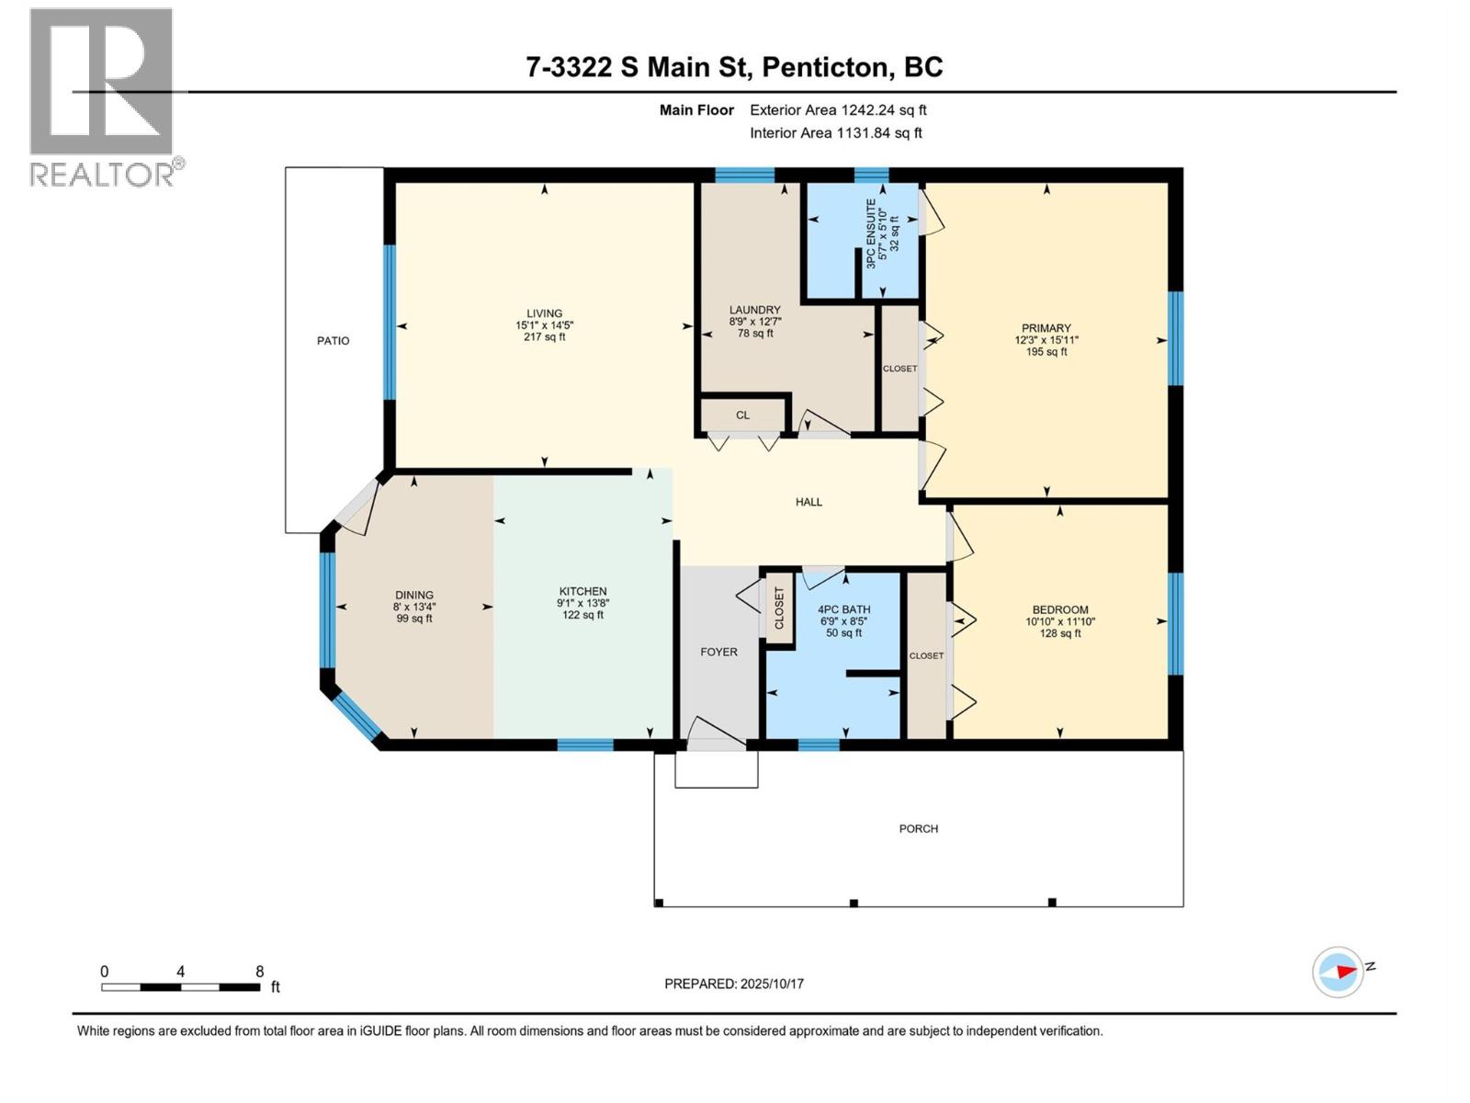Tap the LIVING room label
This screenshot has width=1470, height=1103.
click(544, 313)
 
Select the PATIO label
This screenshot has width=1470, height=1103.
click(333, 341)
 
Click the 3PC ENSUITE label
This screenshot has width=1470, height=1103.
click(870, 233)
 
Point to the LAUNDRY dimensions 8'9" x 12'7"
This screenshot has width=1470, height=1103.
click(755, 322)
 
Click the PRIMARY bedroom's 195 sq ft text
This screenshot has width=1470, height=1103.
click(1046, 352)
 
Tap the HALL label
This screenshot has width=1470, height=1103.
click(808, 502)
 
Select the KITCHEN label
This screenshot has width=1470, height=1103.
click(582, 592)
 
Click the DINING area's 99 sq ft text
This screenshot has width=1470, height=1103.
click(414, 619)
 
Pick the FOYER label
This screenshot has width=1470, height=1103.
click(718, 652)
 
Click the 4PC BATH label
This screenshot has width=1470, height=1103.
click(843, 609)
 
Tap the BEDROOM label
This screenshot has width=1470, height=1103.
click(1060, 609)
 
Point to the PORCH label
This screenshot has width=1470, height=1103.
click(918, 829)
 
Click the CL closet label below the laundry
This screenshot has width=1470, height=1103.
click(742, 415)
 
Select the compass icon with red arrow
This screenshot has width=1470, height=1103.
click(1338, 972)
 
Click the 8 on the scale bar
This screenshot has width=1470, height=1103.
click(260, 972)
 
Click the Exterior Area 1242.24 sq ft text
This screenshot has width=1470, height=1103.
click(838, 110)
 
